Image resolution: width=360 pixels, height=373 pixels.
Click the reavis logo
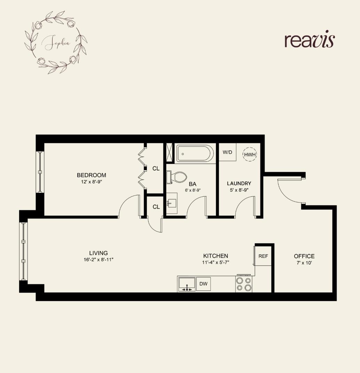pyautogui.click(x=310, y=40)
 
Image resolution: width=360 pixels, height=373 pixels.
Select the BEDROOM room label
pyautogui.click(x=91, y=175)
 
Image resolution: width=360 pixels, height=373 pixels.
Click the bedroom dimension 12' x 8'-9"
pyautogui.click(x=91, y=182)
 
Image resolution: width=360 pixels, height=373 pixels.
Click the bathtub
pyautogui.click(x=195, y=153)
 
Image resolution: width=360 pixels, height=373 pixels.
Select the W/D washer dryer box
pyautogui.click(x=227, y=152)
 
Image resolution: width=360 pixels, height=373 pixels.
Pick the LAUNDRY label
pyautogui.click(x=239, y=183)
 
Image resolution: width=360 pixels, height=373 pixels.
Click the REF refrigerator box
pyautogui.click(x=263, y=256)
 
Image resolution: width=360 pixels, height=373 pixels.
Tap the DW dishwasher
pyautogui.click(x=203, y=284)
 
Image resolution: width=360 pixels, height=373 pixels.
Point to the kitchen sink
pyautogui.click(x=187, y=284)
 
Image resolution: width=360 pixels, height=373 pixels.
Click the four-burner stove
pyautogui.click(x=244, y=284)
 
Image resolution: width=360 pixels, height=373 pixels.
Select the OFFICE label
pyautogui.click(x=304, y=256)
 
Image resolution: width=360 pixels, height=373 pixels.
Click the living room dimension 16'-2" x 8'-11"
pyautogui.click(x=98, y=260)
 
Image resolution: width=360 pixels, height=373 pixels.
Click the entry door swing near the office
pyautogui.click(x=289, y=191)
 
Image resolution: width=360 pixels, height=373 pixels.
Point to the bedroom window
pyautogui.click(x=40, y=172)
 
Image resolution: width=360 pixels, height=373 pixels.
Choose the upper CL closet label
pyautogui.click(x=156, y=168)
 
